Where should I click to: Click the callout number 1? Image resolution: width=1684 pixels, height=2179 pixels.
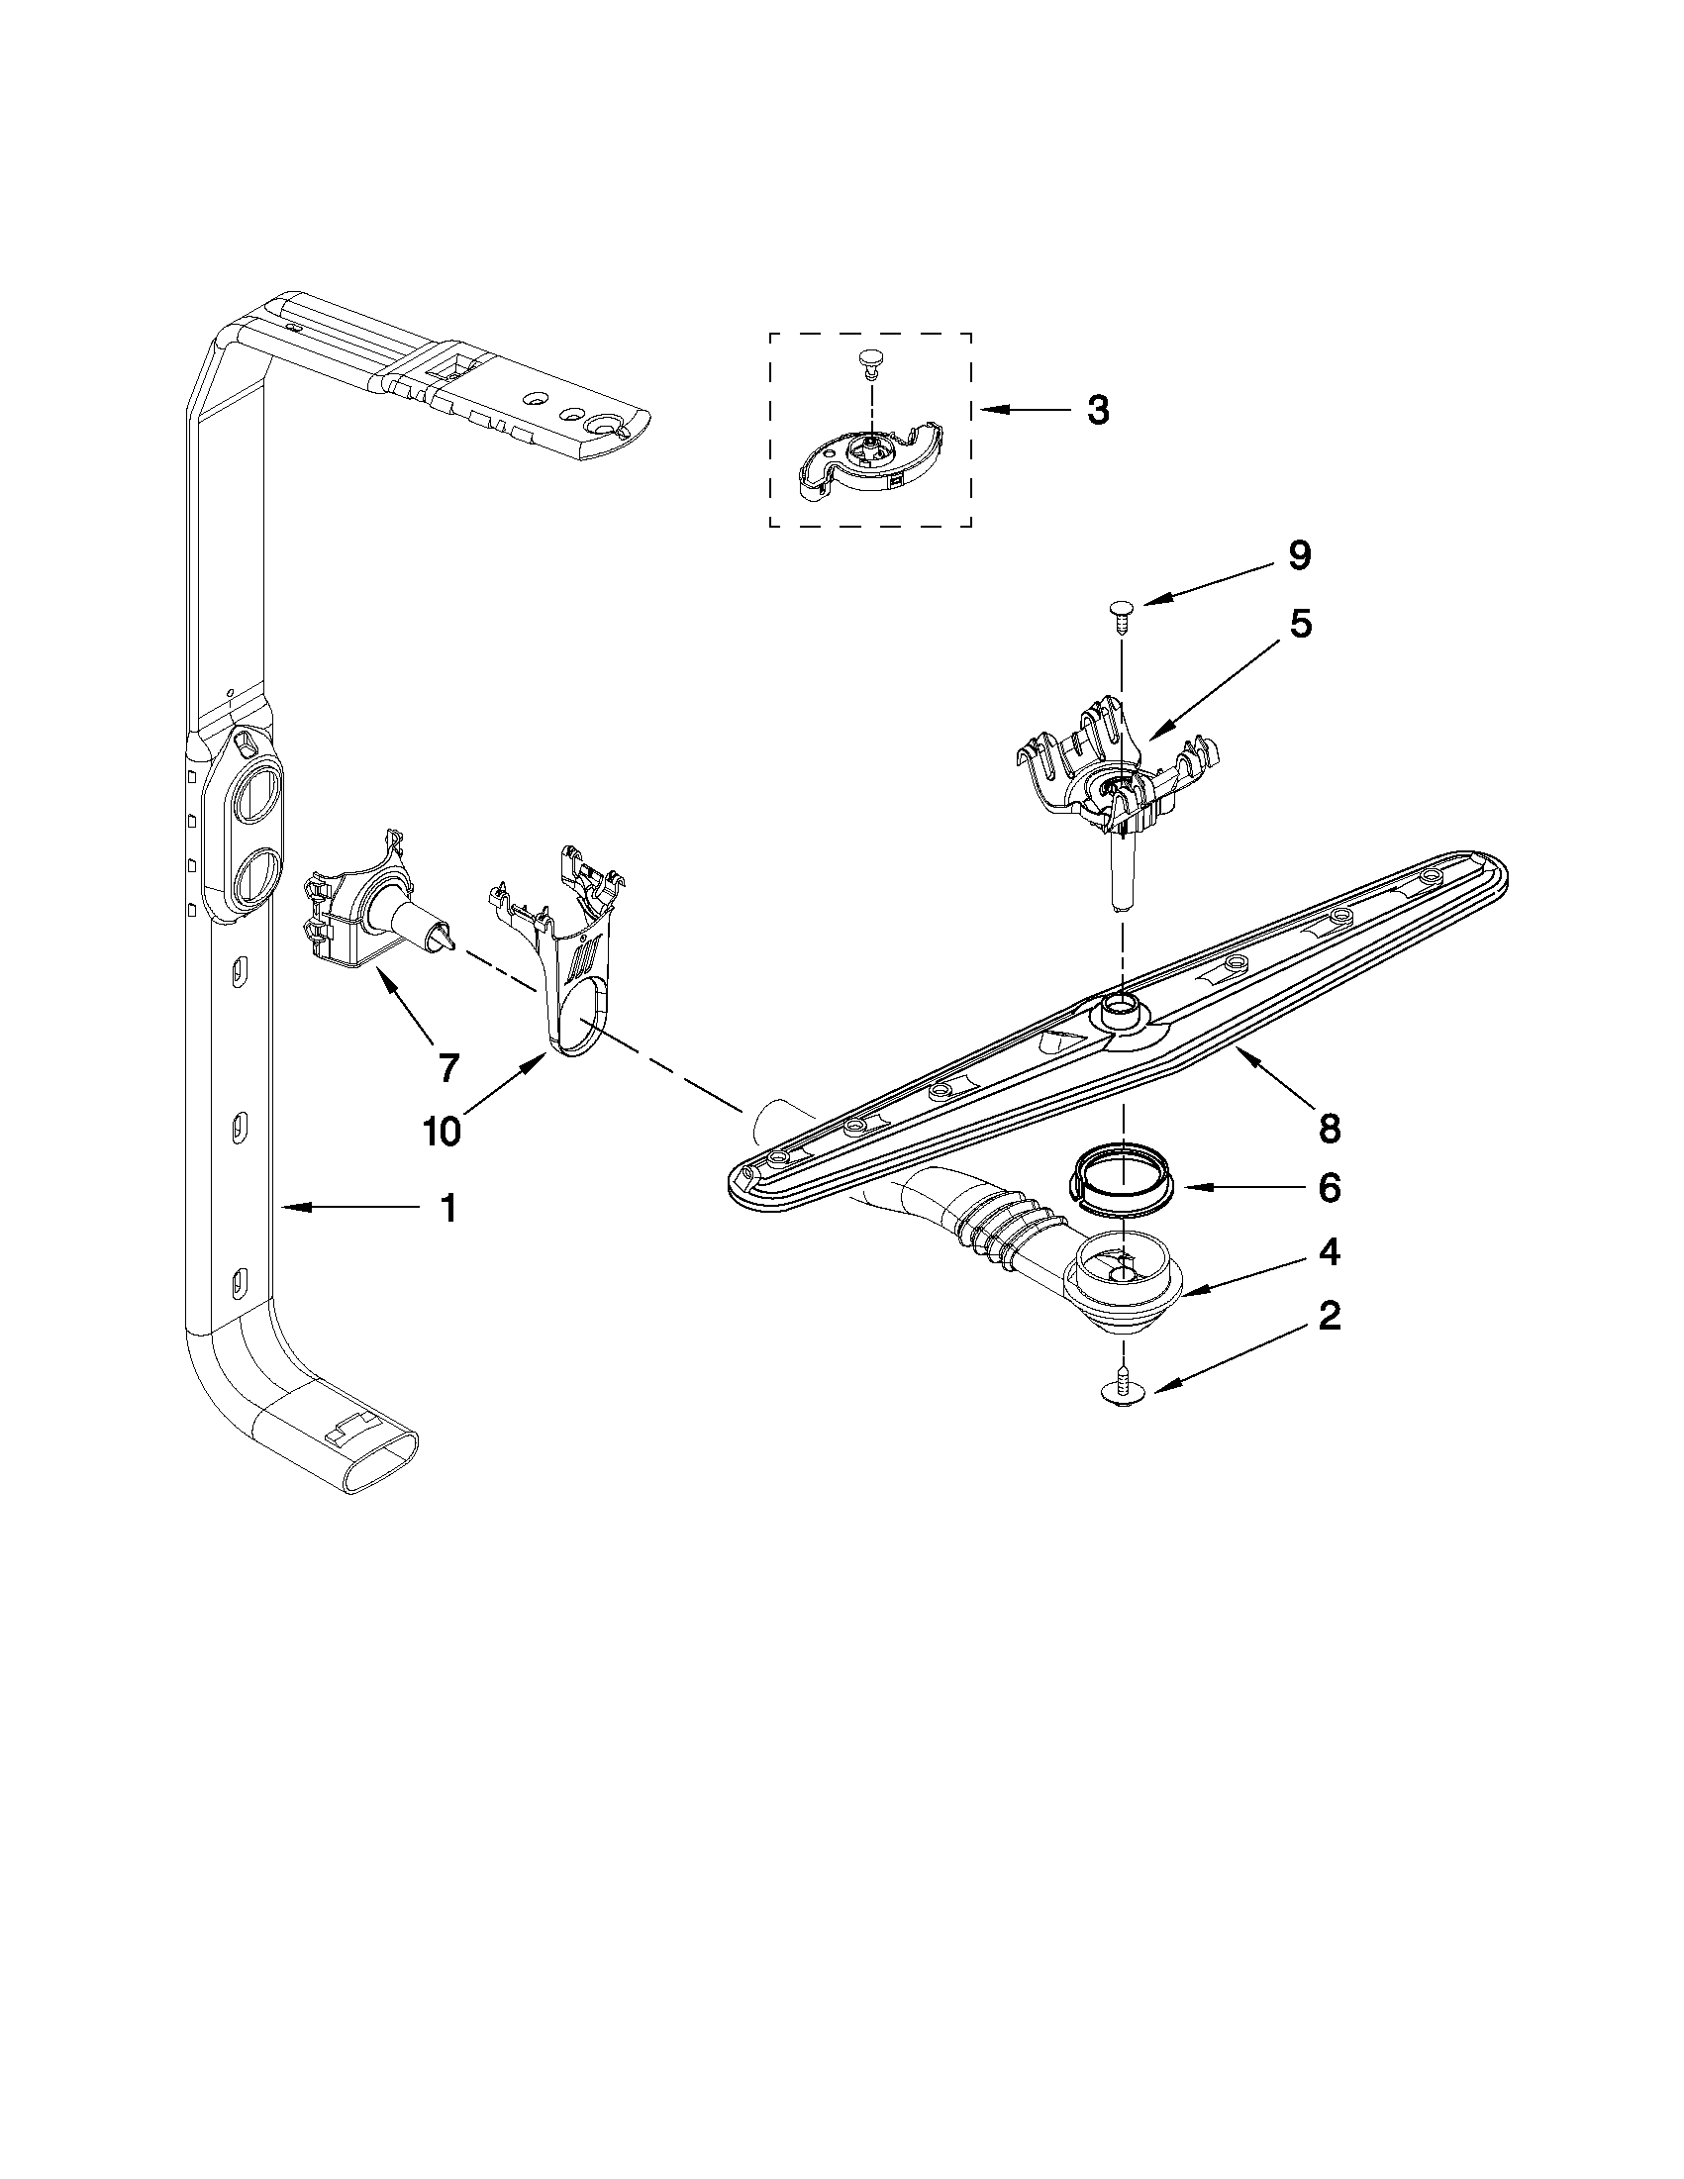click(448, 1208)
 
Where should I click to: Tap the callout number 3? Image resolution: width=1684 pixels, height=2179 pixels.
click(1097, 410)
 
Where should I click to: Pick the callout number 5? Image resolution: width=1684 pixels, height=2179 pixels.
click(1300, 624)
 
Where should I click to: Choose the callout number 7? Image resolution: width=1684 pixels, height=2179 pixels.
click(448, 1068)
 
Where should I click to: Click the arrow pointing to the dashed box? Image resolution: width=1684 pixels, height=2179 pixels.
click(1018, 410)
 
